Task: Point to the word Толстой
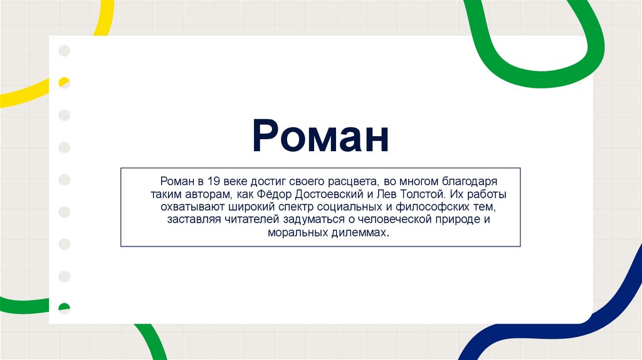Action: pos(419,194)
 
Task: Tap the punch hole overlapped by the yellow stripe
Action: pos(64,83)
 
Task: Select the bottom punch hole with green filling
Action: pos(64,308)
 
